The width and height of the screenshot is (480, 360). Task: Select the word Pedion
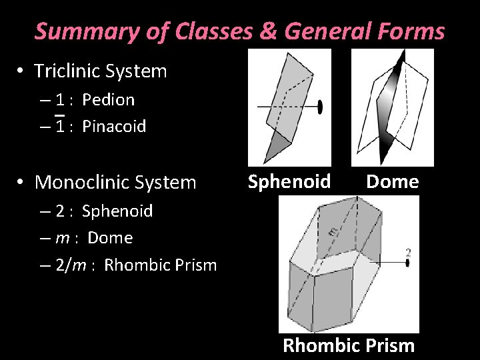(x=108, y=100)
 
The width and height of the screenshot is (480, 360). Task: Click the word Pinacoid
(x=114, y=127)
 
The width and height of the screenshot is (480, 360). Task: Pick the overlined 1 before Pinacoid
(x=59, y=126)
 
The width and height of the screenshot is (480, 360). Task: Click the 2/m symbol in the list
(x=71, y=265)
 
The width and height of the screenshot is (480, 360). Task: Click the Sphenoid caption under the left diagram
(x=289, y=181)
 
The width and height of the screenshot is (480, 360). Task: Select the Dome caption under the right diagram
(x=392, y=181)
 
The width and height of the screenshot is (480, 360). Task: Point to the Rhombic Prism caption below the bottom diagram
(x=349, y=346)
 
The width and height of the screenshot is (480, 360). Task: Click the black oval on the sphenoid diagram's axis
(x=320, y=107)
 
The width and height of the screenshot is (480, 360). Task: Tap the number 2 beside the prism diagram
(x=407, y=253)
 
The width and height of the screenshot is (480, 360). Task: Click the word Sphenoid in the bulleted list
(x=117, y=211)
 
